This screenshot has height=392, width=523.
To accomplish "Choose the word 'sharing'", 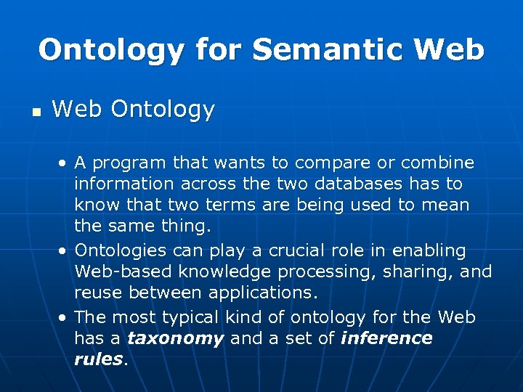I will [x=414, y=272].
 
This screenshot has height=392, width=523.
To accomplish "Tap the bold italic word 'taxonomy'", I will [x=175, y=339].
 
